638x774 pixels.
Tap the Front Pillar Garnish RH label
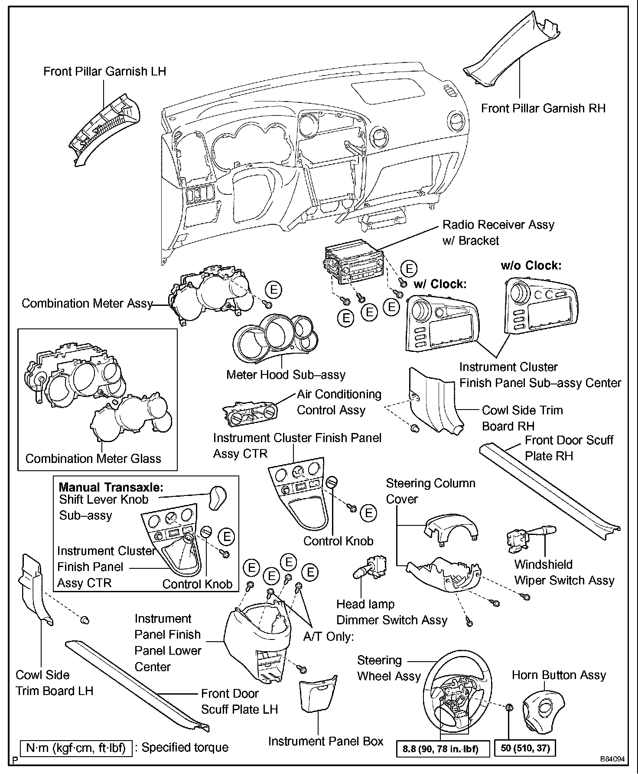tap(543, 108)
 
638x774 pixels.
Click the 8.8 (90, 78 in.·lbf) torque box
tap(440, 749)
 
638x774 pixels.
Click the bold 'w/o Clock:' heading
tap(531, 266)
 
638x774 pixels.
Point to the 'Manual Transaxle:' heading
tap(111, 487)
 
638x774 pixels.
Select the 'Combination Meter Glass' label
tap(93, 459)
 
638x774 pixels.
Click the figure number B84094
tap(612, 759)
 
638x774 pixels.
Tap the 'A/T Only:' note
tap(329, 637)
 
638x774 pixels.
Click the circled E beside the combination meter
tap(273, 289)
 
